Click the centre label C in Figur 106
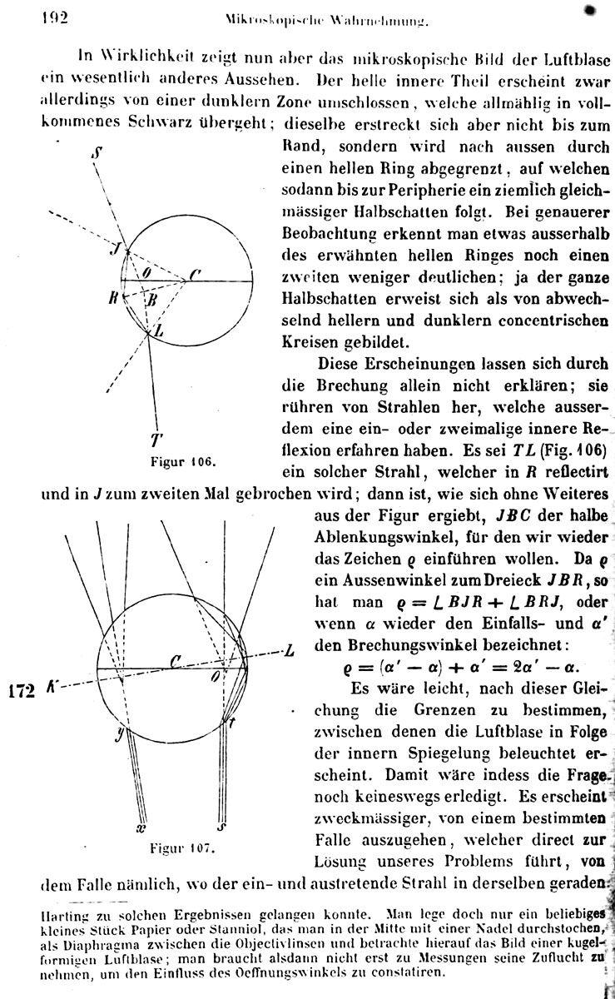(194, 273)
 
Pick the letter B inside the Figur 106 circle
(151, 301)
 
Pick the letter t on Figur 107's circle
(232, 724)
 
